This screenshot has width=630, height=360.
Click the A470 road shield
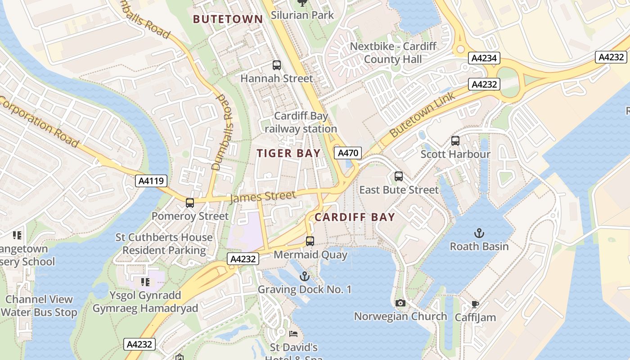(x=348, y=153)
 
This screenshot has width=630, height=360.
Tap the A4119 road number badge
(x=151, y=181)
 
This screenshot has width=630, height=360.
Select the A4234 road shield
(x=484, y=58)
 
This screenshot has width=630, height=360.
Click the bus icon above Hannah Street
(x=276, y=65)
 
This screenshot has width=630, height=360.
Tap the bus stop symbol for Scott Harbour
(x=455, y=141)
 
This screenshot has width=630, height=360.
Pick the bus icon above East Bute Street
(x=398, y=176)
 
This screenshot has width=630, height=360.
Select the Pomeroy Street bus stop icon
(x=190, y=203)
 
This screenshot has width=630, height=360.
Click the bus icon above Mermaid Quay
(x=310, y=241)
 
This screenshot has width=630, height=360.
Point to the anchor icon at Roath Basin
(x=479, y=233)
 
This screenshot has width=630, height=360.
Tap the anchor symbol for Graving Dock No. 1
(x=305, y=276)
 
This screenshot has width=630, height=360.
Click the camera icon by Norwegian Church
(x=400, y=303)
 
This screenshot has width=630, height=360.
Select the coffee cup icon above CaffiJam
(x=475, y=305)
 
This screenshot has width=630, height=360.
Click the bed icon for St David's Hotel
(x=293, y=334)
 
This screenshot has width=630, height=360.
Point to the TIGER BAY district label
(x=288, y=153)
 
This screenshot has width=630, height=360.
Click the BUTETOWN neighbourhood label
(x=228, y=19)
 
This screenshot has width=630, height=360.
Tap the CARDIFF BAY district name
(x=355, y=217)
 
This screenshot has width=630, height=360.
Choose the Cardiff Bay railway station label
(x=301, y=122)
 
